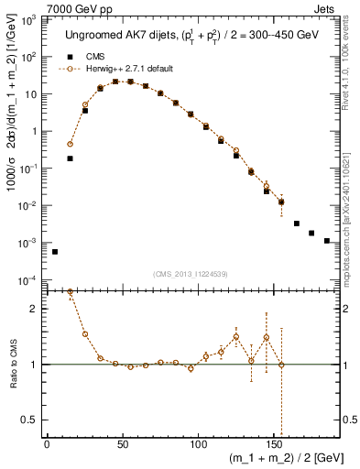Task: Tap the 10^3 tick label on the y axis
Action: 31,19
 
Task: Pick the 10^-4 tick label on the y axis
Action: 31,280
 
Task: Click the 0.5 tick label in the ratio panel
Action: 31,420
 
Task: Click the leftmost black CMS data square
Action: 55,251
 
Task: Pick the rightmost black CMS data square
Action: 327,241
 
